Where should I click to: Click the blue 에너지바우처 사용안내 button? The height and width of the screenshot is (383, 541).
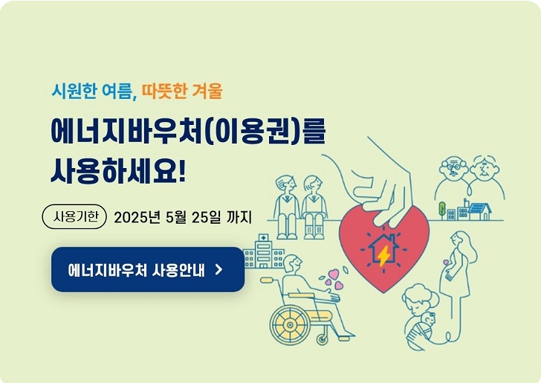tap(147, 269)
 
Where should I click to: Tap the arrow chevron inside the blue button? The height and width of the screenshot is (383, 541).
tap(218, 269)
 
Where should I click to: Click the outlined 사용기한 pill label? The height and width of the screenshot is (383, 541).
tap(75, 217)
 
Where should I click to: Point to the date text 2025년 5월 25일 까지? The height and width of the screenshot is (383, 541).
tap(184, 217)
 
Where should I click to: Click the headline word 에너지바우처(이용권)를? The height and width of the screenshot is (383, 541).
tap(188, 130)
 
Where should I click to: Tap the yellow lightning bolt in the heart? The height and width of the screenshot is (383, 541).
tap(383, 256)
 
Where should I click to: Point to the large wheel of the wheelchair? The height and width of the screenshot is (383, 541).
tap(291, 324)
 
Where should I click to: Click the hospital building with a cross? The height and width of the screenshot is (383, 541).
tap(262, 251)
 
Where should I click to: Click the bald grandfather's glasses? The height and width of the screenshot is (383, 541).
tap(452, 168)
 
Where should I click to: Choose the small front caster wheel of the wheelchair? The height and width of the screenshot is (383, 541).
tap(323, 338)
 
